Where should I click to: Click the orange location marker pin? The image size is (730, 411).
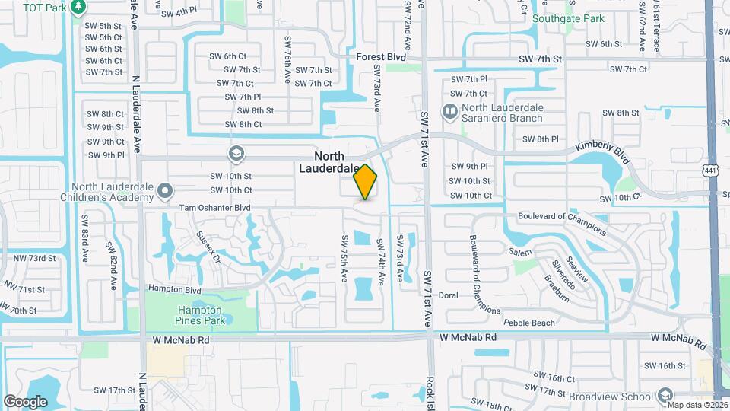(365, 182)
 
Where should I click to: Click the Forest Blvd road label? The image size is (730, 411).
(381, 57)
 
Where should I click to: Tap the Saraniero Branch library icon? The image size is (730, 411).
(449, 113)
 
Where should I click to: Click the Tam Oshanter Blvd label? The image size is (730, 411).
(215, 207)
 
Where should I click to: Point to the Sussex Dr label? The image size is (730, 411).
(207, 246)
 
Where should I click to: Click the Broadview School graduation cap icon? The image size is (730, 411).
(665, 396)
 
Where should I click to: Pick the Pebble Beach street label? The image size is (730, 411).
(528, 323)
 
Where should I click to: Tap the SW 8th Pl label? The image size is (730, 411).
(541, 139)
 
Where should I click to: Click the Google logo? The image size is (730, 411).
(25, 401)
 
